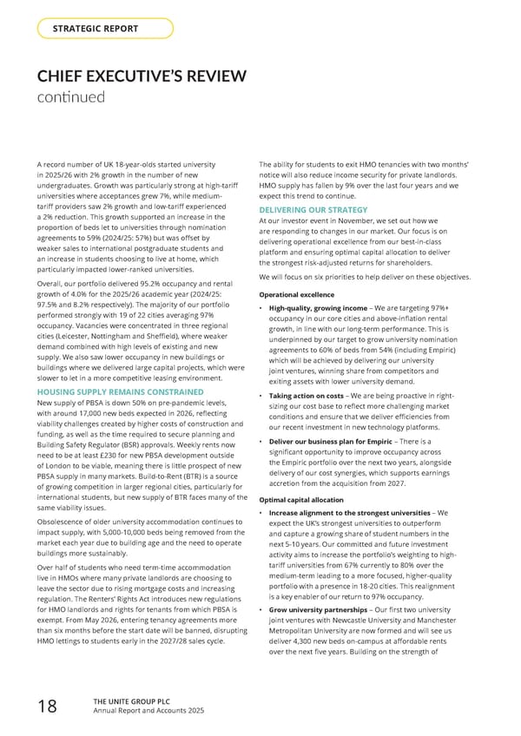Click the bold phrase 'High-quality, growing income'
[x=324, y=309]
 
